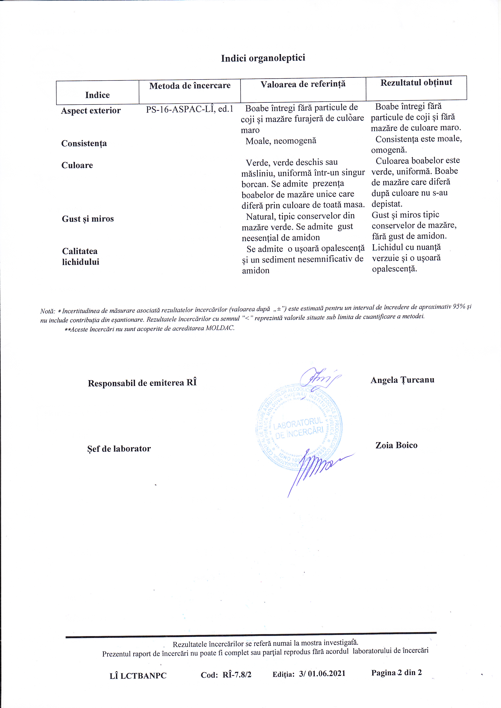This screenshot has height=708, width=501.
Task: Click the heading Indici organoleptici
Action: pyautogui.click(x=263, y=58)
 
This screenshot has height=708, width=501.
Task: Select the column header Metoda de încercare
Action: pyautogui.click(x=190, y=86)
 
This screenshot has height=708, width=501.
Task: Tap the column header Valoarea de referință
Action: pyautogui.click(x=303, y=84)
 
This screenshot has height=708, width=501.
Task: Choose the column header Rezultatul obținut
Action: pyautogui.click(x=416, y=83)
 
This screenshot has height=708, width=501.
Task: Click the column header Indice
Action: pyautogui.click(x=98, y=95)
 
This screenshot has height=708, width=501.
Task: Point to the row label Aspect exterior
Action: pyautogui.click(x=91, y=110)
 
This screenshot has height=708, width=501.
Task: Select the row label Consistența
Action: pyautogui.click(x=84, y=143)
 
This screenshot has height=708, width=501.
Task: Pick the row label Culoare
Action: pyautogui.click(x=77, y=165)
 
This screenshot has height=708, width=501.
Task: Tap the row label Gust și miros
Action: pyautogui.click(x=88, y=219)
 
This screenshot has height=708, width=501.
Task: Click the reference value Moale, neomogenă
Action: pyautogui.click(x=281, y=141)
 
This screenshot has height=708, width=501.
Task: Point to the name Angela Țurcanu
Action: pyautogui.click(x=402, y=380)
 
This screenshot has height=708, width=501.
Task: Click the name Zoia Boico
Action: pyautogui.click(x=396, y=445)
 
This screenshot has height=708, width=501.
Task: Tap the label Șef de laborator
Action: pyautogui.click(x=119, y=449)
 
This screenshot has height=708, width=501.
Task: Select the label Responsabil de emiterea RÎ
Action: pyautogui.click(x=142, y=383)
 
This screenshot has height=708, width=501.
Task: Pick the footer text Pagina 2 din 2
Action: pyautogui.click(x=396, y=673)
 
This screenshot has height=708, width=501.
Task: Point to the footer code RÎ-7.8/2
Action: pyautogui.click(x=237, y=675)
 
